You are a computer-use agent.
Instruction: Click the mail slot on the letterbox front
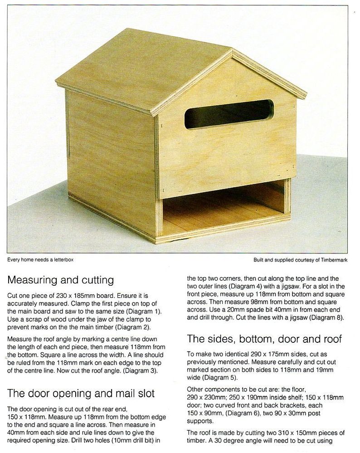point(229,113)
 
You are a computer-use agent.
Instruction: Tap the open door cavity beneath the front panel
point(222,209)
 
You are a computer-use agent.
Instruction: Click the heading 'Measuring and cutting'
point(60,279)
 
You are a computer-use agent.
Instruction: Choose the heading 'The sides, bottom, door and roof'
point(265,339)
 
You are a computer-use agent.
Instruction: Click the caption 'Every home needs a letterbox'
point(40,260)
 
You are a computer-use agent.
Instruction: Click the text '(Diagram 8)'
point(328,317)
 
